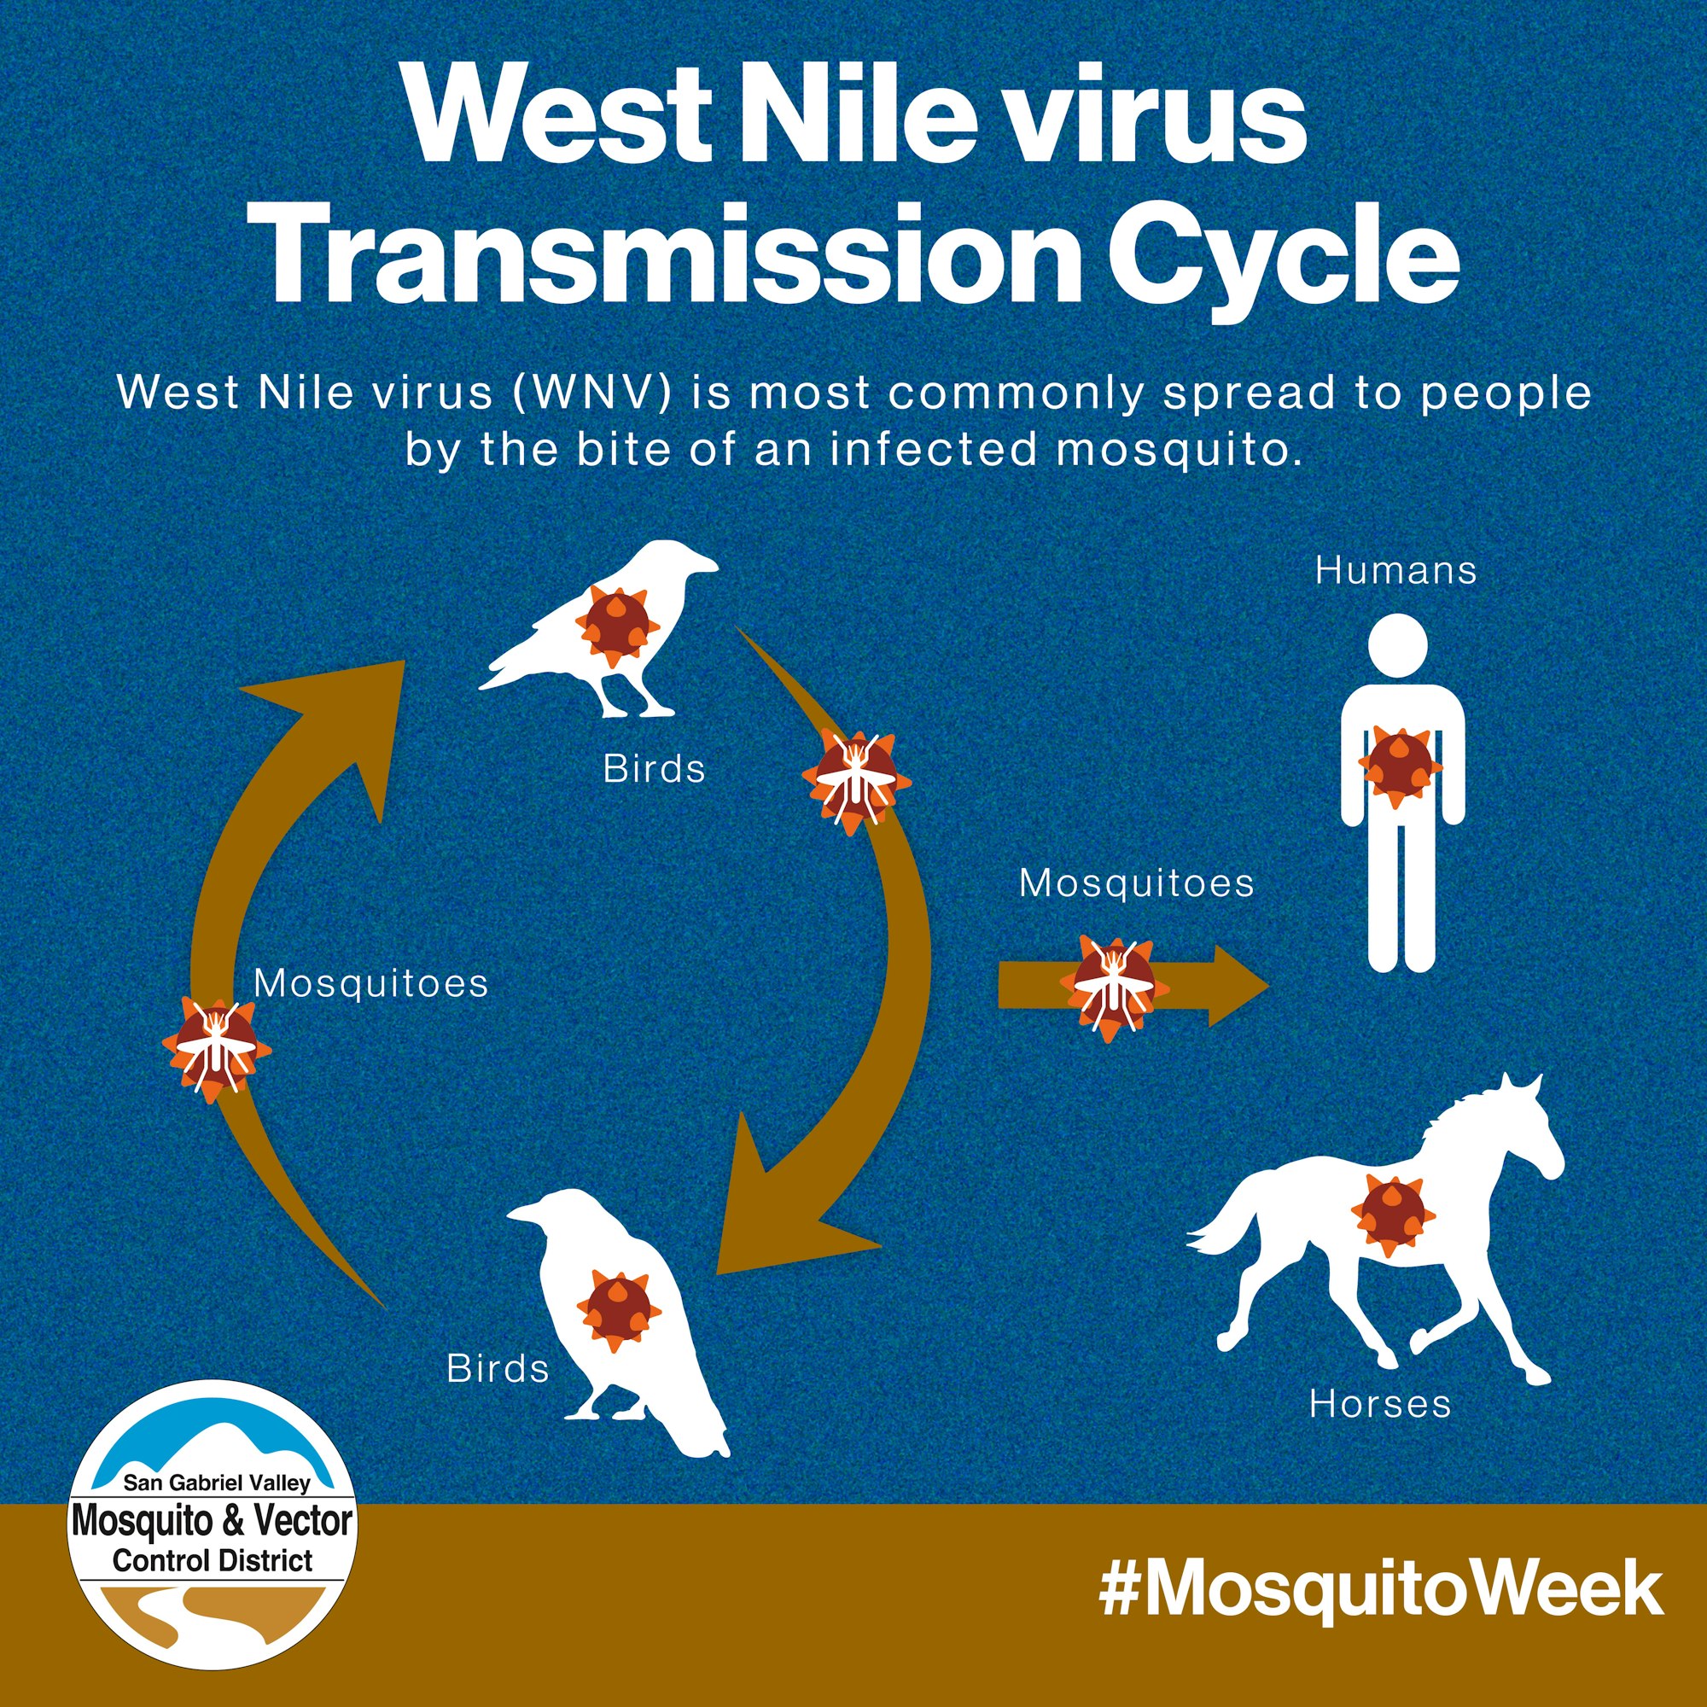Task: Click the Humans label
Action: click(1395, 571)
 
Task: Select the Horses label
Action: click(1380, 1403)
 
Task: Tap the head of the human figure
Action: click(1398, 644)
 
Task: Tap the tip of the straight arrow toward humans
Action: click(1269, 986)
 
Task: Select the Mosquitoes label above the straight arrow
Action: click(1136, 883)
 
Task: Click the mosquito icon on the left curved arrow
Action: click(217, 1049)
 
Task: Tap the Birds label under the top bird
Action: click(655, 770)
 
